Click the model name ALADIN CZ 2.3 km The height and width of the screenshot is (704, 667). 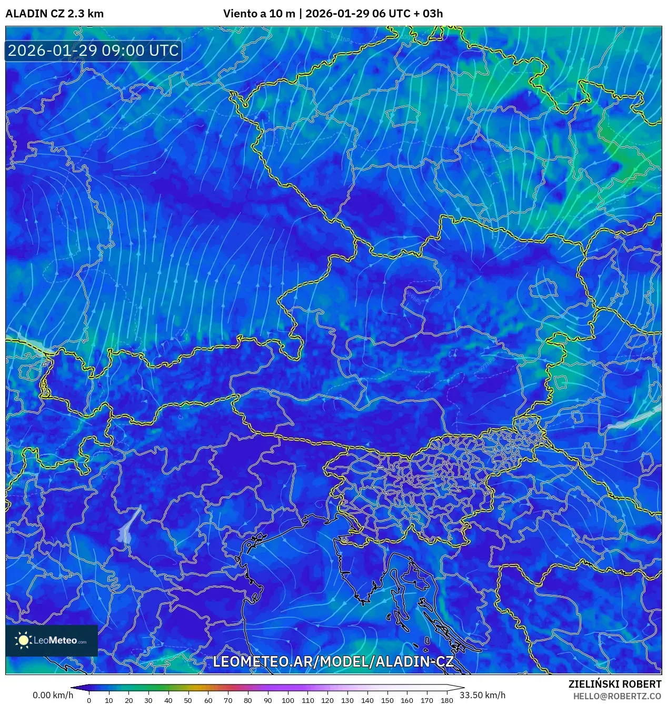[x=54, y=14]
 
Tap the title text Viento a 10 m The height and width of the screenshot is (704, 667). [x=258, y=14]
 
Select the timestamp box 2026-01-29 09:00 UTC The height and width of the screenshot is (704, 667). [x=93, y=51]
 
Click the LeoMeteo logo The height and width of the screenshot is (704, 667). [x=52, y=640]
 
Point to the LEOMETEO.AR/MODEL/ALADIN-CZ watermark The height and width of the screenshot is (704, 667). [x=333, y=661]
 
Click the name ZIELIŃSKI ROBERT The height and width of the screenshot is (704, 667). [x=614, y=684]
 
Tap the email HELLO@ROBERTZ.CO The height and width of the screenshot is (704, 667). [x=617, y=696]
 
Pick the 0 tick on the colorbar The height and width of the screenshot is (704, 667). [x=89, y=700]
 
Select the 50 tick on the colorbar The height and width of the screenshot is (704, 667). [x=188, y=700]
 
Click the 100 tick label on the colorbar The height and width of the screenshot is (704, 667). [x=287, y=700]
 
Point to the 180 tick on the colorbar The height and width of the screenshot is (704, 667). [x=446, y=700]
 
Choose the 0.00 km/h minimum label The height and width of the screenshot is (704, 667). [x=53, y=695]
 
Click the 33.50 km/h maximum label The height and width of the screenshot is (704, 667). [x=482, y=695]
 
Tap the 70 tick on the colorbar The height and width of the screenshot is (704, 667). [x=228, y=700]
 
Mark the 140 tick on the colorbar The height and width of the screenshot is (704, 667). [x=367, y=700]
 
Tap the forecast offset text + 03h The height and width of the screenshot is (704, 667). [x=428, y=14]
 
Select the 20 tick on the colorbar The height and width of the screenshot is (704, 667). [x=128, y=700]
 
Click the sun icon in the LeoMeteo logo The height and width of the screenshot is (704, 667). [x=23, y=640]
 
